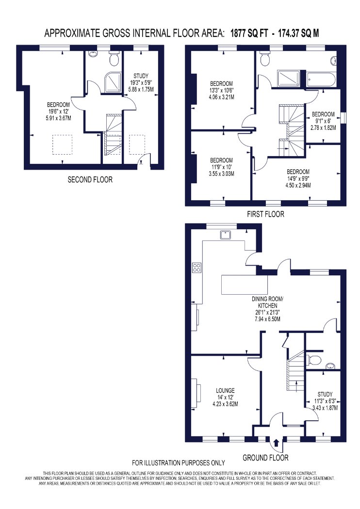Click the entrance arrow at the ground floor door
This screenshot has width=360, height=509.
276,443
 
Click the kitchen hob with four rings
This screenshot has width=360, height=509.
196,267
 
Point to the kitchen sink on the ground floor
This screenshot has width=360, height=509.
225,234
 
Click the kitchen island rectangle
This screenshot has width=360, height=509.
245,285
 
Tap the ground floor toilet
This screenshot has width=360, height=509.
313,360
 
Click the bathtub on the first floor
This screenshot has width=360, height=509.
320,80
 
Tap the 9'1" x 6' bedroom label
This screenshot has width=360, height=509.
323,121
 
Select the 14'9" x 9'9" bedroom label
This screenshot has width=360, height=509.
298,178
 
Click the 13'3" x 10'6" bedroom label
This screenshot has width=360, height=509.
221,90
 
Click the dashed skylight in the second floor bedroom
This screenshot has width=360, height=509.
63,145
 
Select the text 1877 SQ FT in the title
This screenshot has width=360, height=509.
249,33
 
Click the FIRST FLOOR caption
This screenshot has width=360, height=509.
265,214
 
